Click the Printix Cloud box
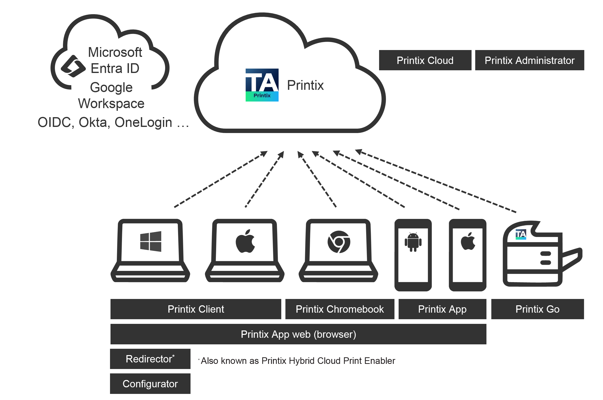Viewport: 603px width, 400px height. click(425, 60)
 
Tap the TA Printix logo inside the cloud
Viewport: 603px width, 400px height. click(262, 85)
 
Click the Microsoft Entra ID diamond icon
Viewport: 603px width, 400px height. click(73, 66)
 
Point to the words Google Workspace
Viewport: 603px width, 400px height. click(111, 95)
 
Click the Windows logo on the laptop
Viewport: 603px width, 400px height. click(151, 241)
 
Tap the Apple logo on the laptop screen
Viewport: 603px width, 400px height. click(245, 241)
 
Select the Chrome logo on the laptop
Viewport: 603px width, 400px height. click(339, 242)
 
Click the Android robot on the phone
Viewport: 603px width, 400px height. click(413, 242)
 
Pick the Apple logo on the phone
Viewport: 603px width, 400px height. click(468, 241)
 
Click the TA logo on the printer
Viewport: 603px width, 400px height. click(520, 234)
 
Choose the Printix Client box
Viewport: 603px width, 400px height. click(196, 309)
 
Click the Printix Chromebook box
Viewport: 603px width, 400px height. click(340, 309)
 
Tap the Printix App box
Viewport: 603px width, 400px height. click(442, 309)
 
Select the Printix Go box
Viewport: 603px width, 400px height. click(537, 309)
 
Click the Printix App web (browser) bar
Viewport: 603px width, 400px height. click(298, 334)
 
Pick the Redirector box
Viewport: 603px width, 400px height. click(150, 359)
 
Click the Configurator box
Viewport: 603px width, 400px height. click(150, 383)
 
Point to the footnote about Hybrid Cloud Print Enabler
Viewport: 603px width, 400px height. click(298, 361)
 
